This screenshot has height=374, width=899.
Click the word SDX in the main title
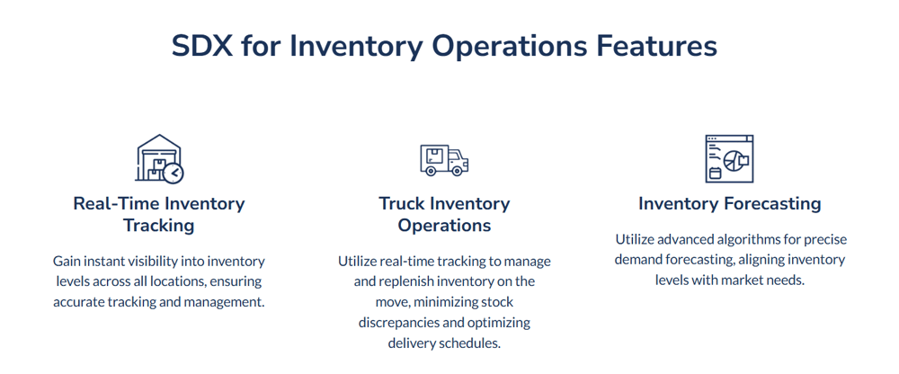coord(202,47)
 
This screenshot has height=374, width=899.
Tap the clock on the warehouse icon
coord(174,173)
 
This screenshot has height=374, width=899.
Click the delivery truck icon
coord(444,160)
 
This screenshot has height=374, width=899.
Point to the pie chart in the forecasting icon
coord(734,161)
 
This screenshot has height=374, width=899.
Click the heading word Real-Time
coord(116,204)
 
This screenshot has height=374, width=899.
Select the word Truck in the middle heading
coord(401,204)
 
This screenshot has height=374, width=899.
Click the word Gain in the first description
coord(65,262)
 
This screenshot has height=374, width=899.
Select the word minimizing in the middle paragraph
coord(434,302)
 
